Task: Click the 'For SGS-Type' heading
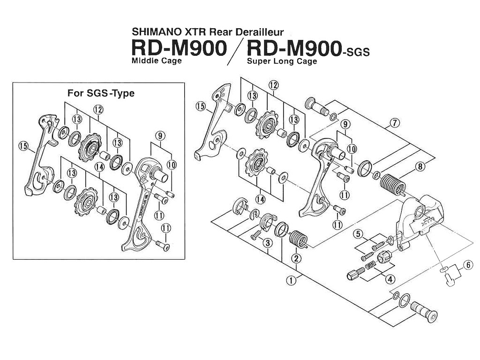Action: (x=101, y=93)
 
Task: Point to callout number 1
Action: (x=292, y=280)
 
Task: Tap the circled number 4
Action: (x=390, y=278)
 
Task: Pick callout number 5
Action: (x=358, y=233)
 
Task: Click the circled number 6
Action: (x=467, y=265)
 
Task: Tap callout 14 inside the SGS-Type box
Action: (x=99, y=166)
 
